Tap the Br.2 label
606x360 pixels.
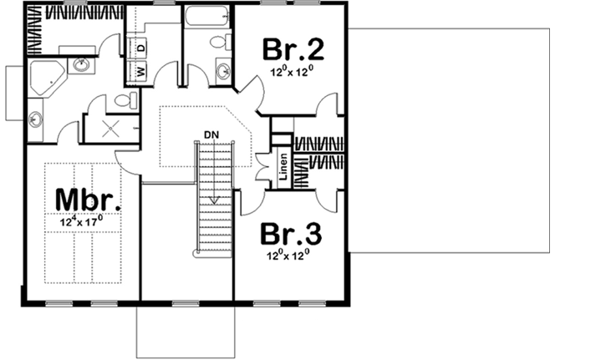292,50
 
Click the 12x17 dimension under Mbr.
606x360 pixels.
81,222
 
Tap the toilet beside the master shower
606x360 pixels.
124,101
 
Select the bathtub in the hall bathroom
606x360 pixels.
207,18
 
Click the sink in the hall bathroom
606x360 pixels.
223,71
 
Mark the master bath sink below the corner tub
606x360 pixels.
35,119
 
